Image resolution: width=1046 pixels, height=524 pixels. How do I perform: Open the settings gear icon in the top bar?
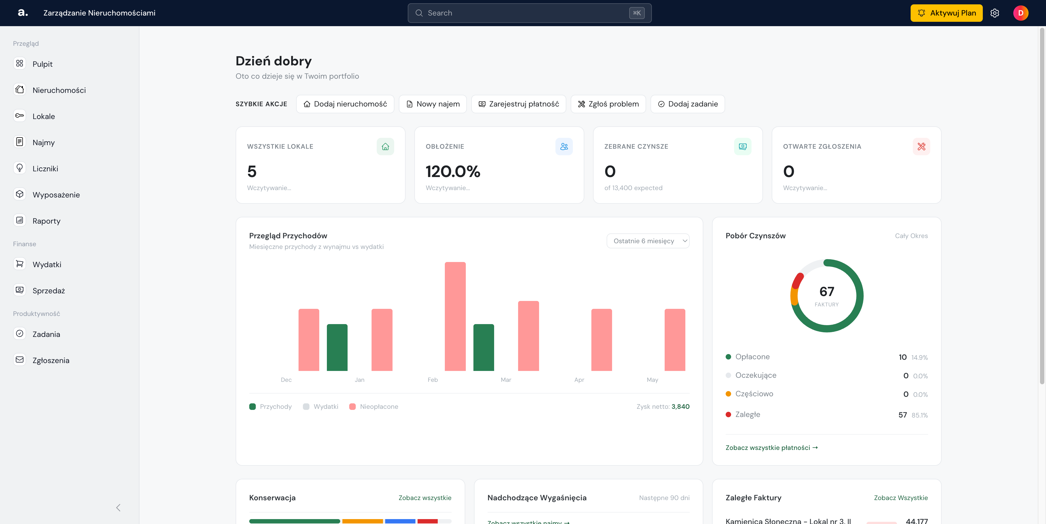pyautogui.click(x=995, y=13)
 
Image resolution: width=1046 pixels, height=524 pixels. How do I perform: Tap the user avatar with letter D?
pyautogui.click(x=1020, y=13)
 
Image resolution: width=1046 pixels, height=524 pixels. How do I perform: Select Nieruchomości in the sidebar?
pyautogui.click(x=59, y=90)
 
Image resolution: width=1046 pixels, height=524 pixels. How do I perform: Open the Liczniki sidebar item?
pyautogui.click(x=45, y=168)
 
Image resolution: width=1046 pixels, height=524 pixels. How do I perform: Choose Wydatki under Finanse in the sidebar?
pyautogui.click(x=47, y=264)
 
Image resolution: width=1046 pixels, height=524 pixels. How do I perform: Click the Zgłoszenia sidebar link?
pyautogui.click(x=51, y=360)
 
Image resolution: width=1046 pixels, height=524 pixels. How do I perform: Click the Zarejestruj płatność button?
pyautogui.click(x=519, y=104)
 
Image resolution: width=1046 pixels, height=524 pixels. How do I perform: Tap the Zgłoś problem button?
pyautogui.click(x=608, y=104)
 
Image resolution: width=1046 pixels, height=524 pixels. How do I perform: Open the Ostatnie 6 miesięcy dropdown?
pyautogui.click(x=648, y=241)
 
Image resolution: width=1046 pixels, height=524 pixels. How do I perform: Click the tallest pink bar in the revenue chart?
pyautogui.click(x=455, y=316)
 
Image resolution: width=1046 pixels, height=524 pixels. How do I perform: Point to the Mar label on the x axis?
pyautogui.click(x=506, y=379)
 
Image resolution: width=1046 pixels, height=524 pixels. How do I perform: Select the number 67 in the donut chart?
pyautogui.click(x=827, y=291)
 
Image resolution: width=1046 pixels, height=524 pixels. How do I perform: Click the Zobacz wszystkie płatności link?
pyautogui.click(x=771, y=447)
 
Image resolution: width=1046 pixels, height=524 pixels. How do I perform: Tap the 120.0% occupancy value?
pyautogui.click(x=453, y=171)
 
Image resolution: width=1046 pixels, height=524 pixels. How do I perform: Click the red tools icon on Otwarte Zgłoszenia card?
pyautogui.click(x=921, y=147)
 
